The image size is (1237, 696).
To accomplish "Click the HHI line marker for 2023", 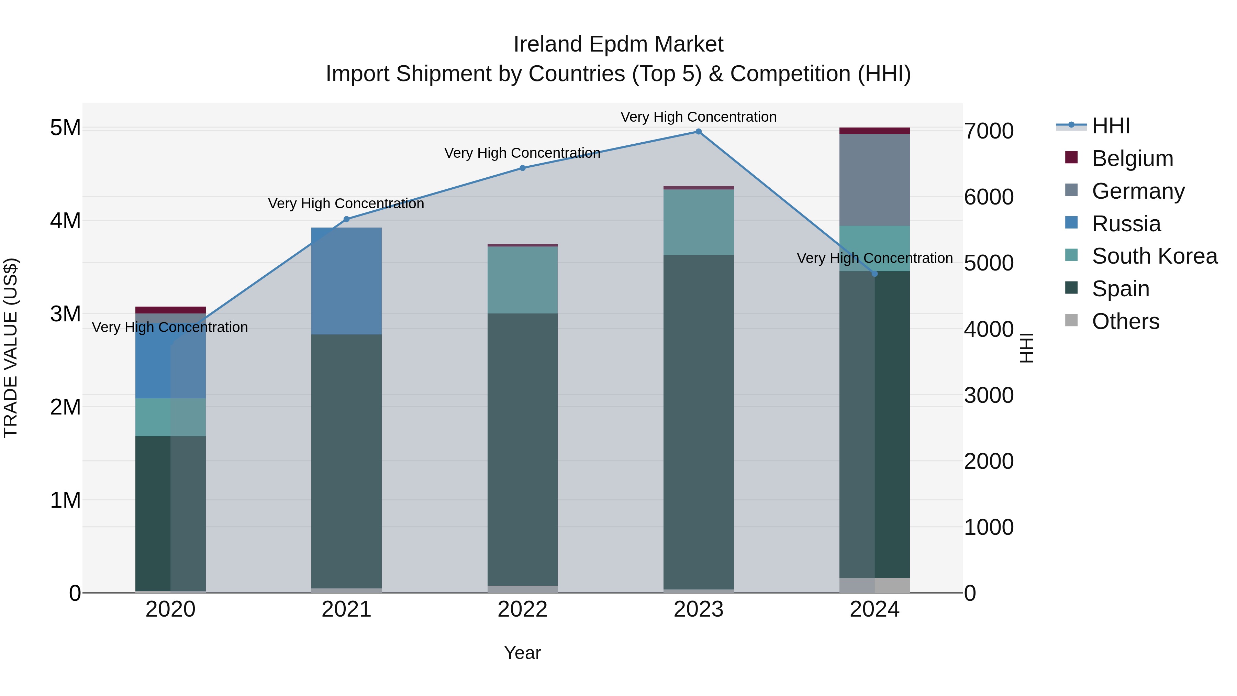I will (x=698, y=132).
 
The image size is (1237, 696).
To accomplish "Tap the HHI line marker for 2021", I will (x=347, y=219).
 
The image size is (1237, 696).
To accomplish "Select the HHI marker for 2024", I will (x=874, y=274).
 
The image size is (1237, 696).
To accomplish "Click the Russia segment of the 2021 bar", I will (x=347, y=281).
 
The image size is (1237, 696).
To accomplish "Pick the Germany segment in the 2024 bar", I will (x=874, y=180).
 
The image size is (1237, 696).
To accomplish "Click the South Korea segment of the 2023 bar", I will (x=698, y=222).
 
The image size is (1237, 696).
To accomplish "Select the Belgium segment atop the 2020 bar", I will (x=170, y=310).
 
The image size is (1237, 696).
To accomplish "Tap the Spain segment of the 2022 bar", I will (x=522, y=449).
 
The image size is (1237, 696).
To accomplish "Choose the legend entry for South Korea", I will (x=1155, y=256).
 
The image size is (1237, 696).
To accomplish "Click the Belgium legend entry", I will (x=1132, y=158).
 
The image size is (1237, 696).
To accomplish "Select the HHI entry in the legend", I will (x=1111, y=126).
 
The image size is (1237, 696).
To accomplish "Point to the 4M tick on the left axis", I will (x=65, y=221).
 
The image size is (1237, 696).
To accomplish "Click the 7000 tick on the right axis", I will (x=988, y=131).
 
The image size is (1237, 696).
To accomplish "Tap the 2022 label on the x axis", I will (x=522, y=609).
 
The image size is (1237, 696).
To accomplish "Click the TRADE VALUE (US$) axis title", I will (x=11, y=348).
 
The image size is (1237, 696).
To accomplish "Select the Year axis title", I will (x=522, y=653).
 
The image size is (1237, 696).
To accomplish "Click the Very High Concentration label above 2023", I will (x=698, y=117).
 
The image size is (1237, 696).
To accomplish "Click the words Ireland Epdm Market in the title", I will (x=618, y=44).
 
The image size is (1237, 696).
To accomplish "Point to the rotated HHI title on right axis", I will (x=1026, y=348).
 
